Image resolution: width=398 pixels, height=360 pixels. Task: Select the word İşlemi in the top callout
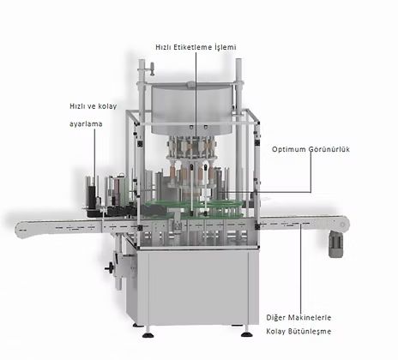point(226,47)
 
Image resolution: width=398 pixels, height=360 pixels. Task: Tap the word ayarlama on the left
point(86,124)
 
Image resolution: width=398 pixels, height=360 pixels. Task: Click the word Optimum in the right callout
point(288,149)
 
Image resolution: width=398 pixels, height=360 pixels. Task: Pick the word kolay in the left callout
point(107,106)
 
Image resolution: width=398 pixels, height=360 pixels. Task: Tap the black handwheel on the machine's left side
point(109,268)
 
